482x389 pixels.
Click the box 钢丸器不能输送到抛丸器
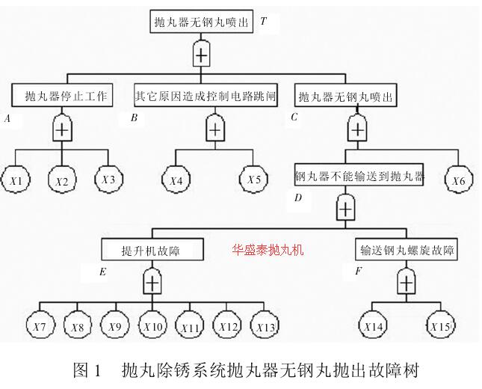359,177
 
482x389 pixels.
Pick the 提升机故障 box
151,249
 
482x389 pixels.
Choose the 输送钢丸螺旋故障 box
407,249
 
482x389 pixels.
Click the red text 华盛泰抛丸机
268,249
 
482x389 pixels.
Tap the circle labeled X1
17,180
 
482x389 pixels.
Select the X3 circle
108,180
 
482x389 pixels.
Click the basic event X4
176,180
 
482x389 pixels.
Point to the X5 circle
254,180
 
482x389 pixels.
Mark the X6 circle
460,180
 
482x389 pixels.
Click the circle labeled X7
39,327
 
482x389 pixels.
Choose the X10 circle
152,327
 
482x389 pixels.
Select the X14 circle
374,327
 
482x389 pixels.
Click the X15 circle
442,327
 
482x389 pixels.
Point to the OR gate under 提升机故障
152,282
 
